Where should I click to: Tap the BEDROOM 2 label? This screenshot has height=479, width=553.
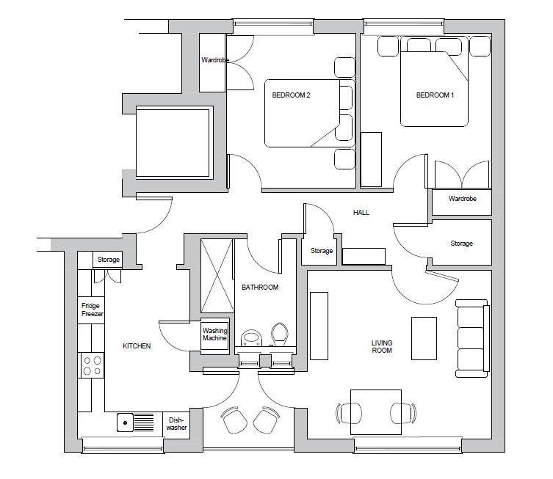coord(291,95)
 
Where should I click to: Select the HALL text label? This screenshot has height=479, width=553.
coord(361,213)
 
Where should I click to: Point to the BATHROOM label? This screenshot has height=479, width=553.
coord(260,288)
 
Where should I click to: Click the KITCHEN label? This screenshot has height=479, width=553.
coord(136,346)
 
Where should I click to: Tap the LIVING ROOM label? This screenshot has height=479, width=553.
coord(381,347)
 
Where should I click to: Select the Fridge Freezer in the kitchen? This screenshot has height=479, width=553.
coord(92,310)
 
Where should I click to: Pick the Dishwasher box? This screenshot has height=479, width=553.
coord(176,424)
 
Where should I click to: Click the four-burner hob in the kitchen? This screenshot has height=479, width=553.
coord(93,365)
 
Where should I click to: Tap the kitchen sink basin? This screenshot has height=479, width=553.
coord(125,423)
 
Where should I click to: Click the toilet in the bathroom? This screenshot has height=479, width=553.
coord(279,335)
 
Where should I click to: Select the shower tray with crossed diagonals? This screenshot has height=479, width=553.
coord(216,277)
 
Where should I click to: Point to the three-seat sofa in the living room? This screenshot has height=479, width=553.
coord(471,338)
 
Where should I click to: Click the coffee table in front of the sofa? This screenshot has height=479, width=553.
coord(424,338)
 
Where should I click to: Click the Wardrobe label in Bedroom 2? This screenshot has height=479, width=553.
coord(214,60)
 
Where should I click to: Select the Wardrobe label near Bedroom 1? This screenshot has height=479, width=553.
coord(462,199)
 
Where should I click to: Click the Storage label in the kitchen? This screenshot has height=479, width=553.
coord(108,260)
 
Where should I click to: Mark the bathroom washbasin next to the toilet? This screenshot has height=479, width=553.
coord(251,339)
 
